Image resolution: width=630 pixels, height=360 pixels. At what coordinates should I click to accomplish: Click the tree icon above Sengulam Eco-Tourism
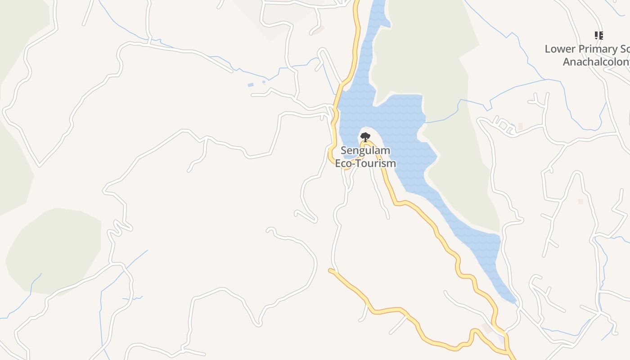(365, 137)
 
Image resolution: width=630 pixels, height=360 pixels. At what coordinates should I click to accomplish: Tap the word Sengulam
(365, 150)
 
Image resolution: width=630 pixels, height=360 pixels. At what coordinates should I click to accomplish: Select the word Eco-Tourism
(365, 163)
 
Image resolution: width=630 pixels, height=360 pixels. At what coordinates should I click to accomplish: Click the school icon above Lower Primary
(598, 35)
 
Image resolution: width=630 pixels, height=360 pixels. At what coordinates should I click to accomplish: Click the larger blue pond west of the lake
(251, 85)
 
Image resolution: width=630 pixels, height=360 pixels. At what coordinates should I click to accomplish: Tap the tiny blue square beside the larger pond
(264, 82)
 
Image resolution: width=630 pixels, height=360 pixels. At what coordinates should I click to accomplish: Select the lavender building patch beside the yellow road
(501, 338)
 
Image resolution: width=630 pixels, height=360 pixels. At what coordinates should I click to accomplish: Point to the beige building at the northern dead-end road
(318, 30)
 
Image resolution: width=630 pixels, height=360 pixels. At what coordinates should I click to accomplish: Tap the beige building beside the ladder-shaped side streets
(521, 127)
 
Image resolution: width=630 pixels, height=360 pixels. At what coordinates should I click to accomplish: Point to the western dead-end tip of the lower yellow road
(331, 270)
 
